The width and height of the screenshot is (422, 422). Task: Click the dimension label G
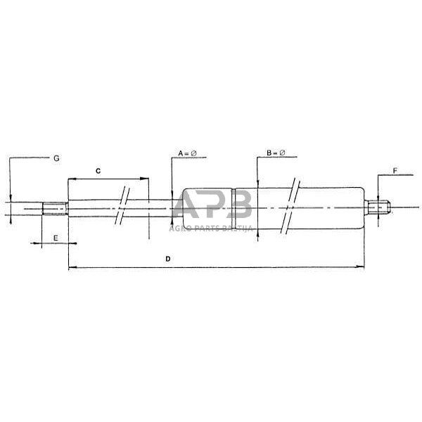tap(56, 158)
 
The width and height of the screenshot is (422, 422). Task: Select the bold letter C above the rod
tap(98, 170)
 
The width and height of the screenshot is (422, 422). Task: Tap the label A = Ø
tap(188, 153)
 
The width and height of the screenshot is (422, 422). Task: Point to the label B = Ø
tap(276, 153)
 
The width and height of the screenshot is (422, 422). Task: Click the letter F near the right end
tap(395, 170)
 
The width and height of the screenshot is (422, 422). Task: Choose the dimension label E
tap(56, 239)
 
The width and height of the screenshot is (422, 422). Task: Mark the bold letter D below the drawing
tap(167, 259)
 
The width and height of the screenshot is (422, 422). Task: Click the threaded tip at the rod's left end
tap(54, 208)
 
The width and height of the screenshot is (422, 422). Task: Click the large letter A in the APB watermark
tap(188, 206)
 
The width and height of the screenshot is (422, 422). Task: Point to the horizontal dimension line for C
tap(109, 179)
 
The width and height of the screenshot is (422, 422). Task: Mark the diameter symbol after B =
tap(282, 153)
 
